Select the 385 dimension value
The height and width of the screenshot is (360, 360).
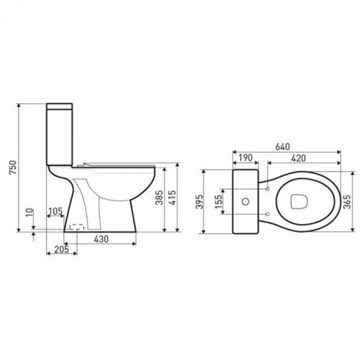pos(159,198)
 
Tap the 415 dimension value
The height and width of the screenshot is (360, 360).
pos(173,198)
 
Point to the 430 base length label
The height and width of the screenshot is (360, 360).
pos(101,239)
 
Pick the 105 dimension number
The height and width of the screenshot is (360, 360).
pos(56,211)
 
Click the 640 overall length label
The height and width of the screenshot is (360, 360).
pos(283,147)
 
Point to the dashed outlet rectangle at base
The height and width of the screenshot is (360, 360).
pos(76,227)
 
